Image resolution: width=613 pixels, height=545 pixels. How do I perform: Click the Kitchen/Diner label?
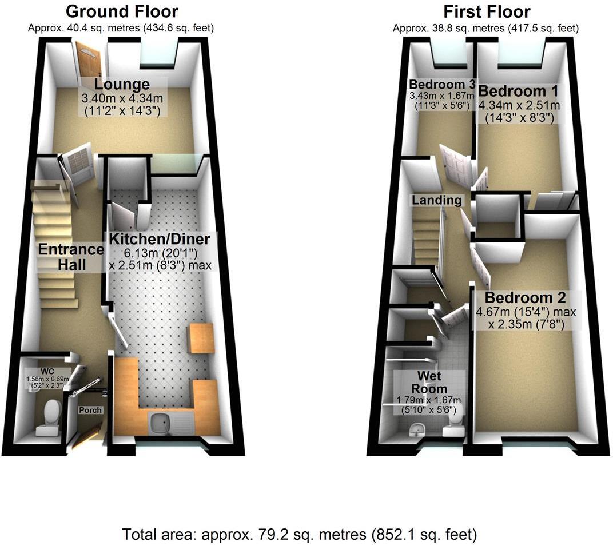pos(160,238)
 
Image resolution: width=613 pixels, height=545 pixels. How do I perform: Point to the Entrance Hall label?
pos(71,257)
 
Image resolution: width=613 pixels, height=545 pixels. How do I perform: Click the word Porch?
pos(90,410)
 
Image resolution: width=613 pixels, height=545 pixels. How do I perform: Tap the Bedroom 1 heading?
pos(518,91)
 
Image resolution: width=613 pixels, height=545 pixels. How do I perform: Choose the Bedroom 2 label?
pos(525,298)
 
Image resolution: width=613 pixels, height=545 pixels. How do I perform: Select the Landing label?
pos(437,200)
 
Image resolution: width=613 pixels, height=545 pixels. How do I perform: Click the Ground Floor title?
pos(122,11)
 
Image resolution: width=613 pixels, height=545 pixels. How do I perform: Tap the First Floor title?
pos(487,11)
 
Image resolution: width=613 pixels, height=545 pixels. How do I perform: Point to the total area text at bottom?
pos(299,535)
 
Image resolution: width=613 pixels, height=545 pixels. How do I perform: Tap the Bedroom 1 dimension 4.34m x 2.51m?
pos(519,106)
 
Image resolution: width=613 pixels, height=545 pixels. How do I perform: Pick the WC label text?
pos(48,370)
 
